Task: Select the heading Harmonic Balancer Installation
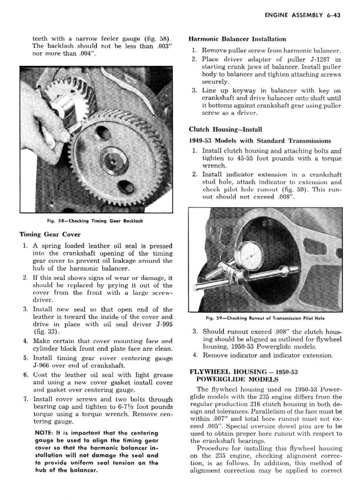237,39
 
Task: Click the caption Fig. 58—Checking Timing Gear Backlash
95,220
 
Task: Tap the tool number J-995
162,325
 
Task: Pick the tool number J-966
45,366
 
